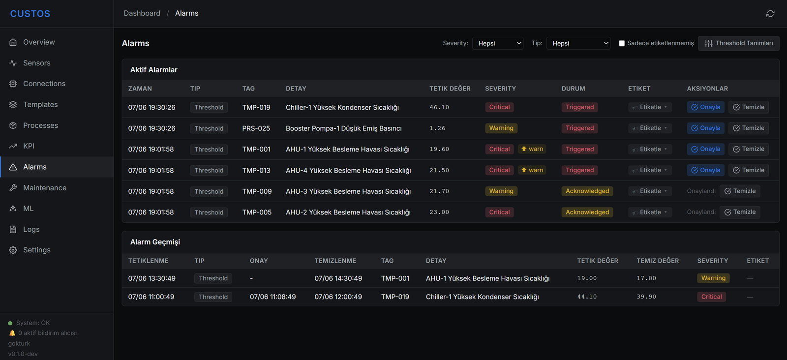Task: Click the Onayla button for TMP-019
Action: pyautogui.click(x=705, y=107)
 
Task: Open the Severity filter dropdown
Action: pyautogui.click(x=497, y=43)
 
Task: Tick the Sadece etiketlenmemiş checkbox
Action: pyautogui.click(x=622, y=43)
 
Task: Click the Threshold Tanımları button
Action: pyautogui.click(x=738, y=43)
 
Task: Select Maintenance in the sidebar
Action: pyautogui.click(x=45, y=188)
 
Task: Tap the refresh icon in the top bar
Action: pyautogui.click(x=770, y=13)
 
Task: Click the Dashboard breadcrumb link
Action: pyautogui.click(x=142, y=13)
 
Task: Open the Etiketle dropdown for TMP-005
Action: pyautogui.click(x=650, y=212)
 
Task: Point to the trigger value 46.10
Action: pyautogui.click(x=439, y=107)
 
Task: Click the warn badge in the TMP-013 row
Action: pyautogui.click(x=532, y=170)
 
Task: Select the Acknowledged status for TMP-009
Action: pyautogui.click(x=587, y=191)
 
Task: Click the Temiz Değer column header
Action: pyautogui.click(x=657, y=261)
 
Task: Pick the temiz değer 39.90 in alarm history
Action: pyautogui.click(x=646, y=297)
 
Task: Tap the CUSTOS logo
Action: pyautogui.click(x=30, y=14)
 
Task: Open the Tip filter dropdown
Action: pyautogui.click(x=578, y=43)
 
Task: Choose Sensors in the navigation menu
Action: pyautogui.click(x=37, y=63)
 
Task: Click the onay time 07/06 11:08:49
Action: pyautogui.click(x=272, y=297)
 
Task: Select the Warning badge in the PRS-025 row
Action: pyautogui.click(x=501, y=128)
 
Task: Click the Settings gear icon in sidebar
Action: pyautogui.click(x=13, y=250)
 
